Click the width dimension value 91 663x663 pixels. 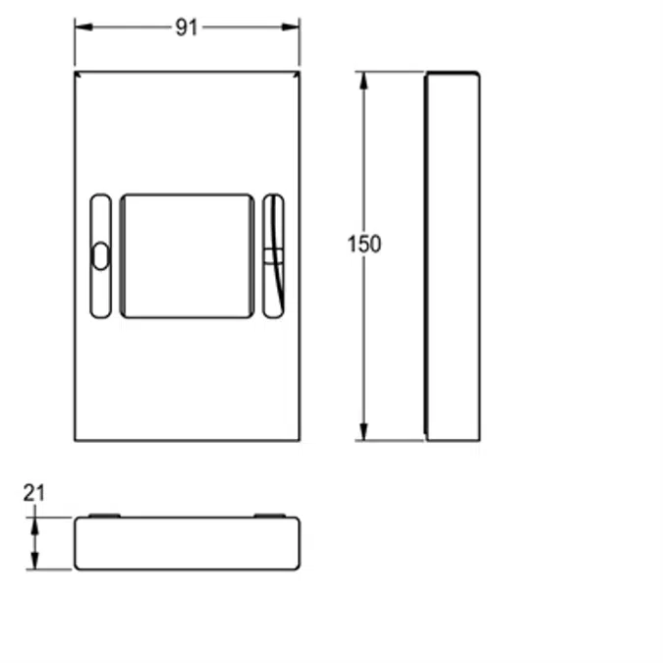(187, 28)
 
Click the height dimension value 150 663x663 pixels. (364, 244)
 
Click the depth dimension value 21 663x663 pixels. (33, 493)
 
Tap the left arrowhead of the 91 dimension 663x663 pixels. (83, 28)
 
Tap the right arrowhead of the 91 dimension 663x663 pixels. (291, 28)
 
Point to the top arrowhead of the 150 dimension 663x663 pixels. (363, 81)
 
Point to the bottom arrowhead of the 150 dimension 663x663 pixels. (363, 432)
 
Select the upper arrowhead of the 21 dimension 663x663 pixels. (34, 526)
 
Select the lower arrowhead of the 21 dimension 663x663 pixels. (34, 561)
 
